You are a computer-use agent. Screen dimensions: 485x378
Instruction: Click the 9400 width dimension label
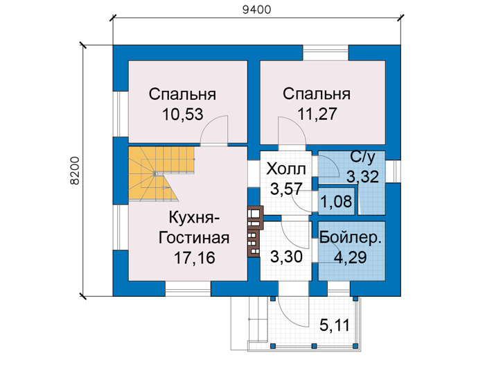pos(257,10)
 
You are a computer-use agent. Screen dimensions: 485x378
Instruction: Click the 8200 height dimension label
pos(75,171)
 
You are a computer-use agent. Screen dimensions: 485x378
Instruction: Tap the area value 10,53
pos(183,114)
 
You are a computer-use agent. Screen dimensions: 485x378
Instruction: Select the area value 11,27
pos(317,114)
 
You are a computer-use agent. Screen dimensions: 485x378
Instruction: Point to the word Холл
pos(286,169)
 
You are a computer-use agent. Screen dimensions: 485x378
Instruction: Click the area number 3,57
pos(286,189)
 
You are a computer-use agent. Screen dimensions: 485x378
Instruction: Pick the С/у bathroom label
pos(362,157)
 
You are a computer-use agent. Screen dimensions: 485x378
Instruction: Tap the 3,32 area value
pos(362,177)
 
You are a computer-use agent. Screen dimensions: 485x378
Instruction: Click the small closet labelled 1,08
pos(336,202)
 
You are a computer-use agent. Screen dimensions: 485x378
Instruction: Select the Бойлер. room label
pos(351,237)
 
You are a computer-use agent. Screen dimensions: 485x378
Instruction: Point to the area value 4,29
pos(351,257)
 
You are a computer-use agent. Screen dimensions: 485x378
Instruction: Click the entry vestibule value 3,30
pos(286,257)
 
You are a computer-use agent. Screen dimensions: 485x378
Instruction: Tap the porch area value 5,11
pos(335,325)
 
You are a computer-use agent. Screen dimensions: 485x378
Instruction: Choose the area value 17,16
pos(195,257)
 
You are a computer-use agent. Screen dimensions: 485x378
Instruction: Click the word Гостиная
pos(194,238)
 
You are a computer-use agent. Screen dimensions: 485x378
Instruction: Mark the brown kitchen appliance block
pos(255,231)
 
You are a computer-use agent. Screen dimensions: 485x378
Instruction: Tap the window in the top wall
pos(326,53)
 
